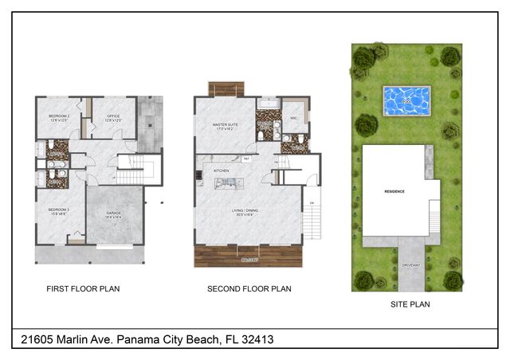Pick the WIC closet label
[294, 118]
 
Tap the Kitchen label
[221, 170]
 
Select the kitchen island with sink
[227, 183]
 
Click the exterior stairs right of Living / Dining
[313, 217]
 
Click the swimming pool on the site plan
[406, 100]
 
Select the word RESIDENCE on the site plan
[395, 191]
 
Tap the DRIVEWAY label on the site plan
[411, 264]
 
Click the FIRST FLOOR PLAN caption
[83, 289]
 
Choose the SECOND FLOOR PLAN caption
[249, 289]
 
